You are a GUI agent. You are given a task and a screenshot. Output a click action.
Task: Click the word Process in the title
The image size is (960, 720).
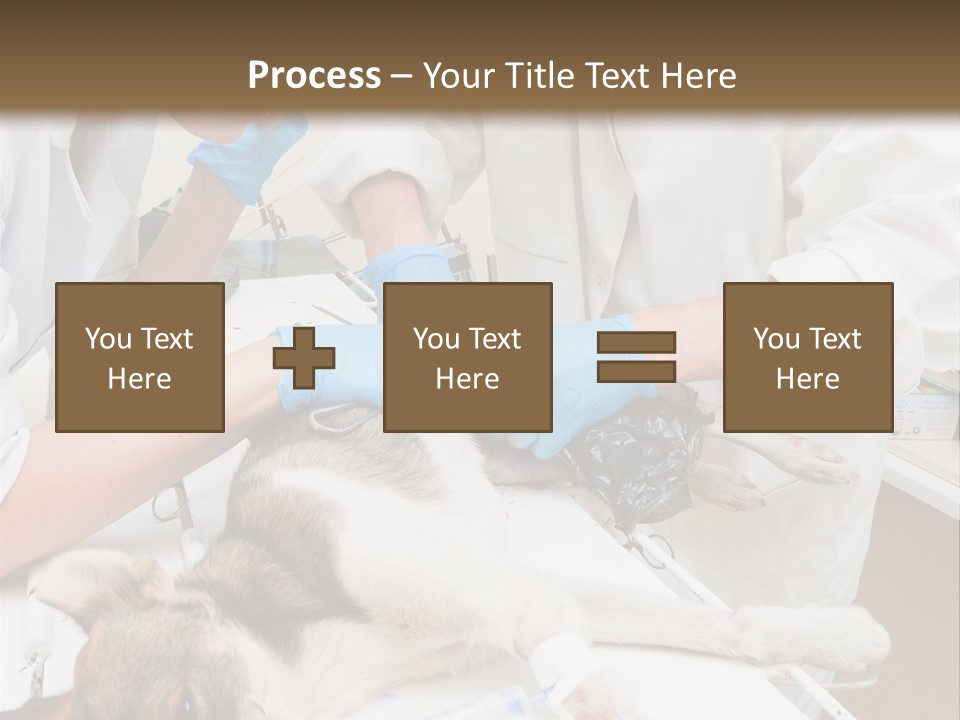click(x=314, y=76)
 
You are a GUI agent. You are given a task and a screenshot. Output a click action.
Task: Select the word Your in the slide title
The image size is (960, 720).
click(x=456, y=76)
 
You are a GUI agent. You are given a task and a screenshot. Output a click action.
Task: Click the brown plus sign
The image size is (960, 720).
click(x=304, y=357)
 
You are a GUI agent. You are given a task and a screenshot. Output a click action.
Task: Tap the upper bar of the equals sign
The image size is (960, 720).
click(x=636, y=343)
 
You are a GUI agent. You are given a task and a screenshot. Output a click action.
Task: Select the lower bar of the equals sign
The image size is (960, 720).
click(x=636, y=371)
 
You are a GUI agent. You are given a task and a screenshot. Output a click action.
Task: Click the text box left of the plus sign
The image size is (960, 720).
click(x=139, y=357)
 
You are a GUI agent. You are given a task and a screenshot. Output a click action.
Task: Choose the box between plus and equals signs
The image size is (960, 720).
click(x=467, y=357)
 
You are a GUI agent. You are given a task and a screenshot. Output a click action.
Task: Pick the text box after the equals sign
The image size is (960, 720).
click(x=807, y=357)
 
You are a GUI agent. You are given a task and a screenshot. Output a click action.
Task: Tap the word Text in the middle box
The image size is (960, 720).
click(x=494, y=339)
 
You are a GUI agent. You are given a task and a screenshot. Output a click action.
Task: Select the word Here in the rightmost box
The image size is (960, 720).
click(x=807, y=379)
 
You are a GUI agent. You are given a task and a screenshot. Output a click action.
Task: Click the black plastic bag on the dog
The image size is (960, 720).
click(x=640, y=455)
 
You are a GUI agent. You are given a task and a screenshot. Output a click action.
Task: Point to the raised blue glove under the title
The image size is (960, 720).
click(x=250, y=155)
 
